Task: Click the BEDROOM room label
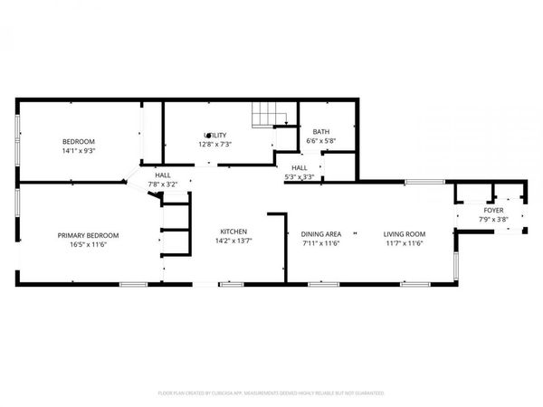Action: tap(79, 141)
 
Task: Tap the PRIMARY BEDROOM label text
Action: tap(89, 235)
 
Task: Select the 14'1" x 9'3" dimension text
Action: tap(79, 151)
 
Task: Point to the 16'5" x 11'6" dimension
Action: tap(89, 244)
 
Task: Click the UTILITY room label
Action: tap(214, 135)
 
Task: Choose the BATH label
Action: tap(320, 131)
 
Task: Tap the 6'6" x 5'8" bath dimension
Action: tap(320, 140)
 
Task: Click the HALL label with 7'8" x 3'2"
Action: tap(163, 175)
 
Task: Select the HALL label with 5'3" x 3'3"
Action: tap(300, 167)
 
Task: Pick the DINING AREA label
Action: tap(320, 234)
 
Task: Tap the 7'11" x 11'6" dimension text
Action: tap(320, 243)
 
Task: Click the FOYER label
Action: tap(494, 210)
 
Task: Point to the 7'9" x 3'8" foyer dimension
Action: tap(494, 219)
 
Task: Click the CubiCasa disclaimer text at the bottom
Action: tap(271, 393)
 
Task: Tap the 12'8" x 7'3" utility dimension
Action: tap(215, 144)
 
